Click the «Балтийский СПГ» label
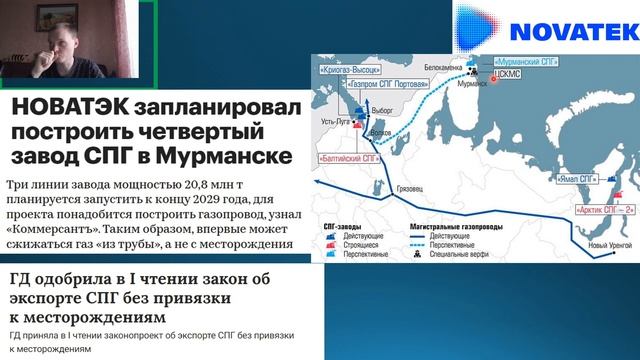tap(348, 158)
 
